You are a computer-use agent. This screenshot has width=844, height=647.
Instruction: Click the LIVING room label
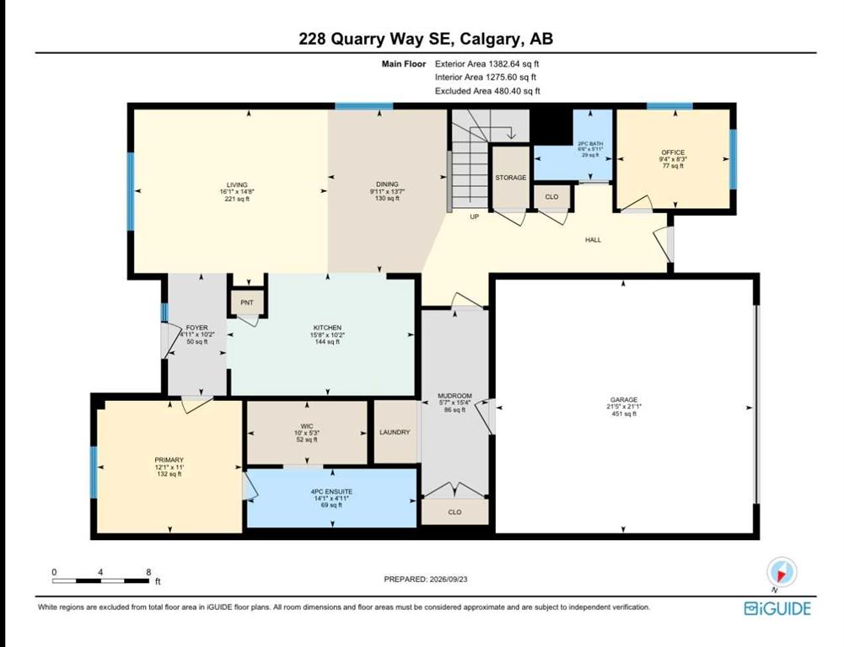237,185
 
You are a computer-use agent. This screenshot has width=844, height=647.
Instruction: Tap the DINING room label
387,184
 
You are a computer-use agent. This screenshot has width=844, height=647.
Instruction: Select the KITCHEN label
327,328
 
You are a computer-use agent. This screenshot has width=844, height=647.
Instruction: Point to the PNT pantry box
247,302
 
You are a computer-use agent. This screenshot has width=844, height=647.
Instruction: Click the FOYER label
197,328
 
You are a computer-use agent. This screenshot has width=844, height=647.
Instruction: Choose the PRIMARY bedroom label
169,460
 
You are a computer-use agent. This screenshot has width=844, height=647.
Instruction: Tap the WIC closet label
307,426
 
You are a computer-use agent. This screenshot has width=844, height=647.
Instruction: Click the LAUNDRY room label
395,432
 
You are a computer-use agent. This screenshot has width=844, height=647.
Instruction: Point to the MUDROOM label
454,396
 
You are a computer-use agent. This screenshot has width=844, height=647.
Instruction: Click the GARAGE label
624,399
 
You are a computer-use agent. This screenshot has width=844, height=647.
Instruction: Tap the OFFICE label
673,152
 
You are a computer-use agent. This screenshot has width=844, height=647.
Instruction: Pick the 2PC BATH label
590,143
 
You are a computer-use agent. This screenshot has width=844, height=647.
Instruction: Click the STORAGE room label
511,178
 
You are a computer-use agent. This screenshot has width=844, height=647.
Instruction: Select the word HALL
594,240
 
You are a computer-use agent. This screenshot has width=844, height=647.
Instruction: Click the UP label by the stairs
474,217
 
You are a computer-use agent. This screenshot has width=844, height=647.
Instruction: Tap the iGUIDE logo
777,609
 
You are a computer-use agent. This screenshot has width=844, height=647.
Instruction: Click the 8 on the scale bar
148,572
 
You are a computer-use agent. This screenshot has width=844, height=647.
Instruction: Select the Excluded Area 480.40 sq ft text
487,91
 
